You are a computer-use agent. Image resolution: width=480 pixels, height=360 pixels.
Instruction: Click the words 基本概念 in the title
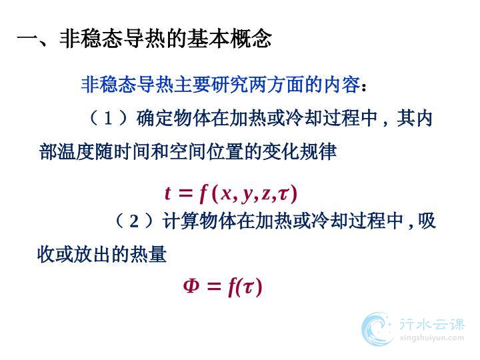229,39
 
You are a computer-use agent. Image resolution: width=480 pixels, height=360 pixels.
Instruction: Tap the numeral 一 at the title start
28,39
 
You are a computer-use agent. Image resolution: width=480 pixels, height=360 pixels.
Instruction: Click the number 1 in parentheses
108,119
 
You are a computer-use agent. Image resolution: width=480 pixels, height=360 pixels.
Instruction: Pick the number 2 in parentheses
134,221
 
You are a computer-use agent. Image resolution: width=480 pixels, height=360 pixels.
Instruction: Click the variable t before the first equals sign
167,193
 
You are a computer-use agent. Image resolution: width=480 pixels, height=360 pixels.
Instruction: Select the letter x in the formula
226,194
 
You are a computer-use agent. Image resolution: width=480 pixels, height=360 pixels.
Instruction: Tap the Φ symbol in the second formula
191,285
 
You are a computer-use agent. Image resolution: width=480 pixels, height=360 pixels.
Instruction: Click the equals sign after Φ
214,287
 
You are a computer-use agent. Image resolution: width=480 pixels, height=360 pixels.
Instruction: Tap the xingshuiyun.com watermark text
431,338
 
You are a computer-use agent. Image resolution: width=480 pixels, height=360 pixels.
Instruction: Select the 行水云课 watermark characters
432,325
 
